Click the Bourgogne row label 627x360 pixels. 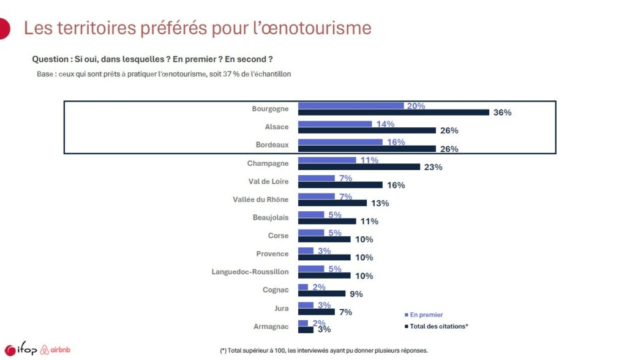[x=271, y=109]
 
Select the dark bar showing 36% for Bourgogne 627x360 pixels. [x=393, y=112]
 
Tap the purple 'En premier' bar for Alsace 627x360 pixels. [x=335, y=124]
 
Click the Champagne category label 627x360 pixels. [x=268, y=163]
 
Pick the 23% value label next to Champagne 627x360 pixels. [x=433, y=167]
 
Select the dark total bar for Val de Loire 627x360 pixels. [x=340, y=185]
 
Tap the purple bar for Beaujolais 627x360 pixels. [x=311, y=214]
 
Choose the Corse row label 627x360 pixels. [x=277, y=236]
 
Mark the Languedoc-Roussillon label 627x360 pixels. [x=250, y=271]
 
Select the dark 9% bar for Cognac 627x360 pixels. [x=321, y=293]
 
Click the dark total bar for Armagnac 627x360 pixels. [x=306, y=329]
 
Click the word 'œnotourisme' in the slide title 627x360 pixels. [x=317, y=28]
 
